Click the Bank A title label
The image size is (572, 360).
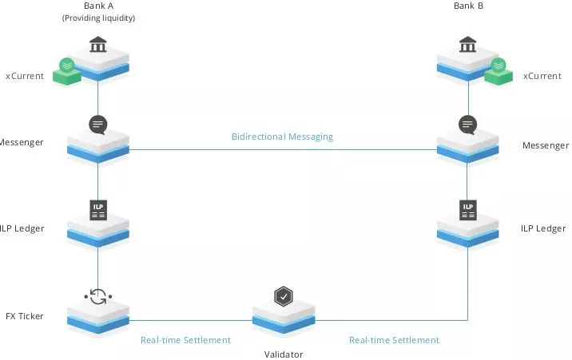(98, 6)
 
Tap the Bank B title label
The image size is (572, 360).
(468, 6)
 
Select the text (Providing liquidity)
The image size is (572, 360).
(98, 18)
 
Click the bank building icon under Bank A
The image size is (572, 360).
(98, 44)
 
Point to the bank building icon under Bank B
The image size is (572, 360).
(467, 44)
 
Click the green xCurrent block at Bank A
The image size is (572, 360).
(67, 72)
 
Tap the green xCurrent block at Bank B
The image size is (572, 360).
(499, 72)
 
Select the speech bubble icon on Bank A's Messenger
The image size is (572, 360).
(98, 125)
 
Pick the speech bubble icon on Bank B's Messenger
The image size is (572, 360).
(467, 125)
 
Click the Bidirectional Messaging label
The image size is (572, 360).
(282, 136)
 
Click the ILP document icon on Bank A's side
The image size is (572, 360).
(98, 210)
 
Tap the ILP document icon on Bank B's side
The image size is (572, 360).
(468, 210)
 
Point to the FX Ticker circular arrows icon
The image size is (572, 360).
(98, 297)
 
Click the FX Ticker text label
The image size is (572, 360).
(25, 316)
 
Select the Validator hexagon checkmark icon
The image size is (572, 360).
(284, 296)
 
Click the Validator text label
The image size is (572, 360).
(284, 354)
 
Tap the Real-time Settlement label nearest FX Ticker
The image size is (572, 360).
(185, 340)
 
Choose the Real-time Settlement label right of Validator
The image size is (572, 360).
(394, 340)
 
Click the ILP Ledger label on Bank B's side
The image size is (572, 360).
(543, 228)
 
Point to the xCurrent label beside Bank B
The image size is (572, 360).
(542, 76)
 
